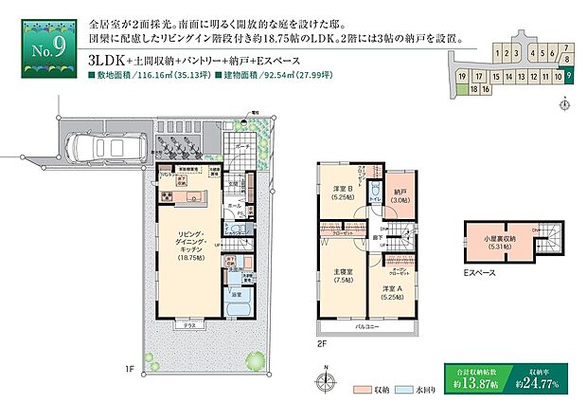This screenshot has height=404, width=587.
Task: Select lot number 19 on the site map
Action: pos(461,74)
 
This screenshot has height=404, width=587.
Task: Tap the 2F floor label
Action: pos(322,346)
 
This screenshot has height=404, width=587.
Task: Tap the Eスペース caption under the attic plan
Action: pos(480,275)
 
